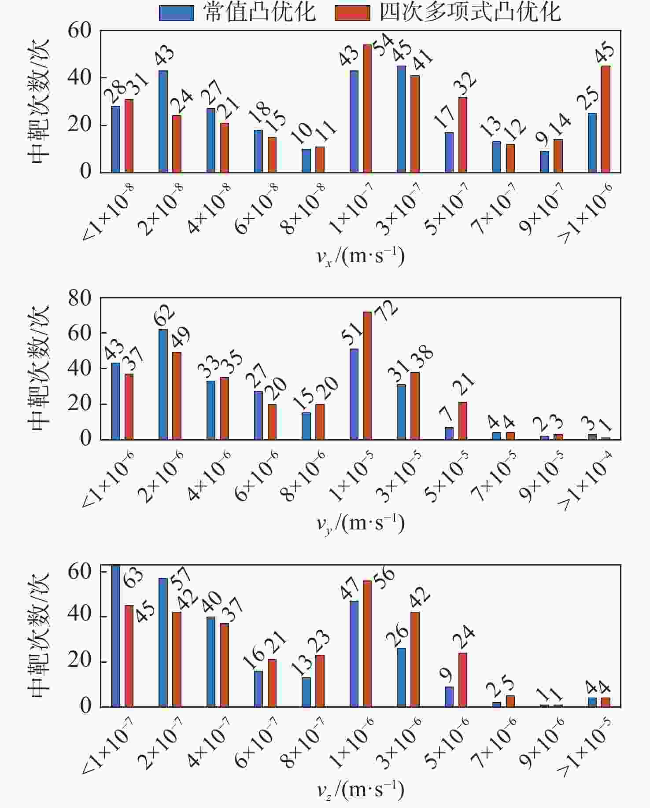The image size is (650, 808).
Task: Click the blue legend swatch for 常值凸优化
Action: pyautogui.click(x=176, y=13)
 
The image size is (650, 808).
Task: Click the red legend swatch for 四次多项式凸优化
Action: pyautogui.click(x=352, y=13)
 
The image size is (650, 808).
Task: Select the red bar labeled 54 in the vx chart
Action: pyautogui.click(x=367, y=108)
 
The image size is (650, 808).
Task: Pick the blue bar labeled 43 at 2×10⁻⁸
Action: pyautogui.click(x=163, y=121)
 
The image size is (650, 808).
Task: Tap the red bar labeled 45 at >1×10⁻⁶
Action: pyautogui.click(x=606, y=119)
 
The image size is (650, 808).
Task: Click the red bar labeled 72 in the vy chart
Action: pyautogui.click(x=367, y=375)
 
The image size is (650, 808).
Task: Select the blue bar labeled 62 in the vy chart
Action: pyautogui.click(x=163, y=384)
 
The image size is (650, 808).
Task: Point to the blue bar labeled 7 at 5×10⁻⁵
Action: pyautogui.click(x=449, y=433)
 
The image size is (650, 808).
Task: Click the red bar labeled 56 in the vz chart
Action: pyautogui.click(x=367, y=644)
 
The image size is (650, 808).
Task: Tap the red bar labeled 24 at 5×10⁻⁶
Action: pyautogui.click(x=463, y=680)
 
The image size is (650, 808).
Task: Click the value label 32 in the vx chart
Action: pyautogui.click(x=465, y=83)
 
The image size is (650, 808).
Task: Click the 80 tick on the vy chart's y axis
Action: pyautogui.click(x=80, y=298)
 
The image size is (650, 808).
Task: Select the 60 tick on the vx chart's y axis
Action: pyautogui.click(x=80, y=31)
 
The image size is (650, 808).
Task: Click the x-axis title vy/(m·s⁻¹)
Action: pyautogui.click(x=360, y=524)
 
